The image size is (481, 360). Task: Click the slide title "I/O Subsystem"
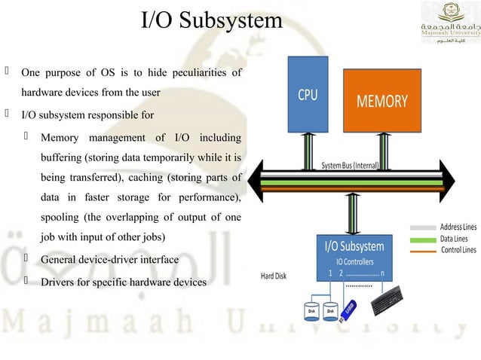[212, 20]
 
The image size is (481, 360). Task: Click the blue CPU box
[308, 95]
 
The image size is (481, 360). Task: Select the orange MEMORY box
[381, 101]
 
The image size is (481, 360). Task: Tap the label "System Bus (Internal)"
[350, 165]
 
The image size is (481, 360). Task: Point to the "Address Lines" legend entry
[457, 227]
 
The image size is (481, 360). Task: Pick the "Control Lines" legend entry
[457, 249]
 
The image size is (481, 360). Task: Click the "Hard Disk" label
[274, 276]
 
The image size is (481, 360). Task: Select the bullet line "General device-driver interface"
[109, 260]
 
